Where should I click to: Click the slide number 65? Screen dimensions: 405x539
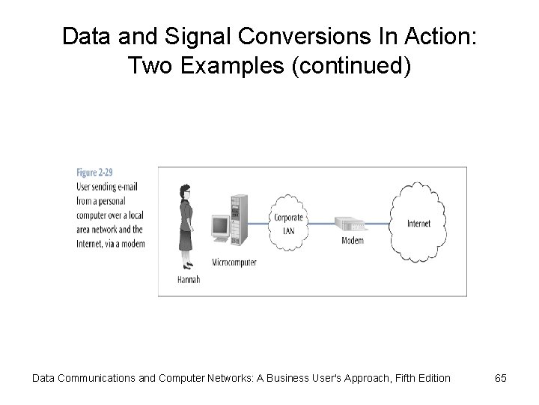(x=500, y=378)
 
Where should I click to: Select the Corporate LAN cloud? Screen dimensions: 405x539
(x=288, y=223)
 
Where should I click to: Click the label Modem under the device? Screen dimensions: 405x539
(x=353, y=241)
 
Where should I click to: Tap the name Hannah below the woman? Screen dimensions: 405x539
(x=189, y=279)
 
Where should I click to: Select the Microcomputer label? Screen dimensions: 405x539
(x=234, y=262)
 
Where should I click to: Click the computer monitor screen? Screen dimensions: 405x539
(x=221, y=226)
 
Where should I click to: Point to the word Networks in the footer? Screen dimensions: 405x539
(x=224, y=378)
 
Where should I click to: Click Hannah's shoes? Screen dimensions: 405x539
(x=188, y=265)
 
